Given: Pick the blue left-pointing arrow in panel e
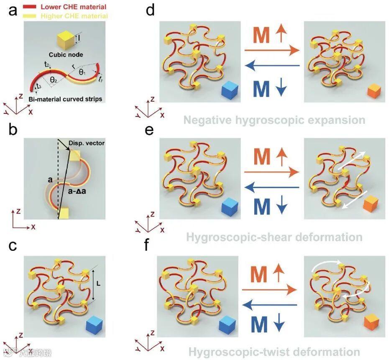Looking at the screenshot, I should [x=272, y=187].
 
